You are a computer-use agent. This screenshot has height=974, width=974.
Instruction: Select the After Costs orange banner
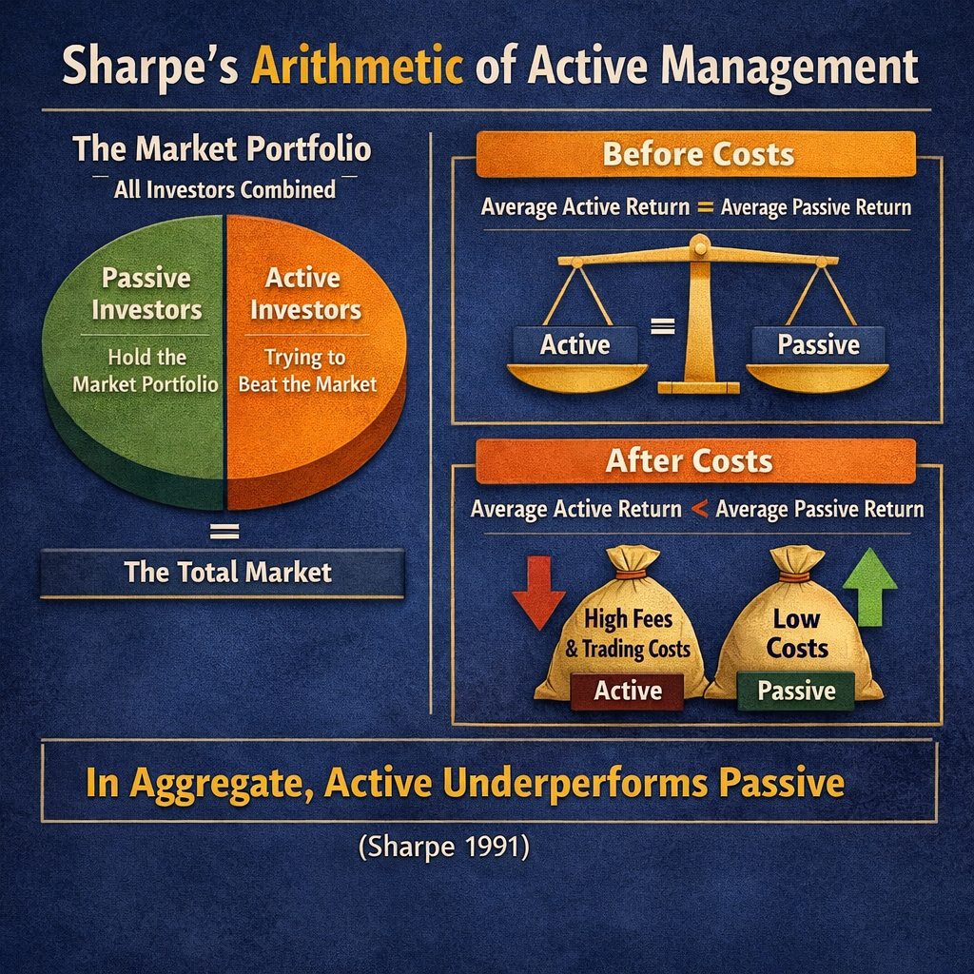tap(691, 461)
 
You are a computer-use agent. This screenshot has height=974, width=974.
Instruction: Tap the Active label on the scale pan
tap(575, 344)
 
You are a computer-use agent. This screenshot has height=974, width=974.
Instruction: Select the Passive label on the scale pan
tap(818, 344)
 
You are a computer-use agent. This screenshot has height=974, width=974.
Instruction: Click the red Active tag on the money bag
tap(628, 692)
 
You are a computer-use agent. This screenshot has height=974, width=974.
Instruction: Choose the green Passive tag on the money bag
tap(796, 692)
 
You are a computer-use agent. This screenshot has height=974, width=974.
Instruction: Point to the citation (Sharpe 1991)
tap(443, 846)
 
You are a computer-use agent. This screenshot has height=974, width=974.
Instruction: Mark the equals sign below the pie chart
tap(223, 529)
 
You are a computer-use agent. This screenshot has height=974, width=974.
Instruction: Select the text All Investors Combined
tap(224, 188)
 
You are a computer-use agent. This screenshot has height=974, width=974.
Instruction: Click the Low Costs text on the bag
tap(797, 633)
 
